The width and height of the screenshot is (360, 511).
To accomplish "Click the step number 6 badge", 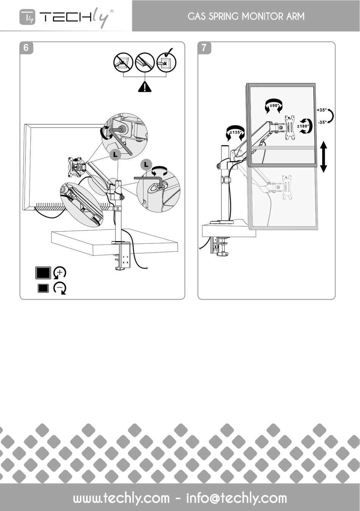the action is [26, 48].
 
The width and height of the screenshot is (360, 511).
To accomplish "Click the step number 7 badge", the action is [204, 48].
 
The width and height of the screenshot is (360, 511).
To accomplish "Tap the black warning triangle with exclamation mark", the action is [145, 87].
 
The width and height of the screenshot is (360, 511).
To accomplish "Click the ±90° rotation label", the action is [274, 105].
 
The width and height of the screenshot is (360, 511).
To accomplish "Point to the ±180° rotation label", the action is [303, 126].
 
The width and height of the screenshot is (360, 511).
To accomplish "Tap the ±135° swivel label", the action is [236, 132].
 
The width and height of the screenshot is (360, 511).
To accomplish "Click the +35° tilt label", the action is [322, 110].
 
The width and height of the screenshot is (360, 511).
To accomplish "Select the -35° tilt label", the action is [322, 122].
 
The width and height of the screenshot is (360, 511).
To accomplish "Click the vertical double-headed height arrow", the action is [323, 157].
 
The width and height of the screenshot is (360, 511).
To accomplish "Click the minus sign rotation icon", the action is [60, 288].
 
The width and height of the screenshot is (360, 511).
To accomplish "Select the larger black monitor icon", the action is [43, 273].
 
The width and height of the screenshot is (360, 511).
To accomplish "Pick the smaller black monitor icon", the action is [43, 288].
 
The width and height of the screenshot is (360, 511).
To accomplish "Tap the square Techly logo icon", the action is [27, 17].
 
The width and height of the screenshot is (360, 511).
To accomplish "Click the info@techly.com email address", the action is [236, 498].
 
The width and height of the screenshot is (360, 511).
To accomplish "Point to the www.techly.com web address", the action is [121, 498].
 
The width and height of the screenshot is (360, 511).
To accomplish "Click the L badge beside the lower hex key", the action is [146, 165].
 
